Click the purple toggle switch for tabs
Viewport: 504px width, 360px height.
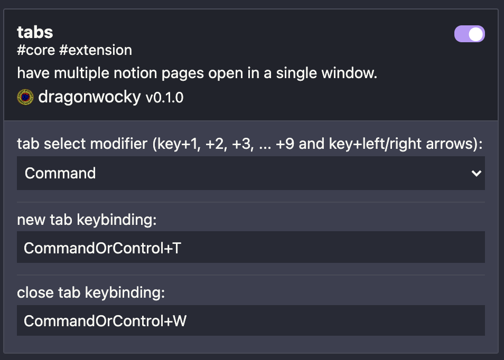pyautogui.click(x=469, y=34)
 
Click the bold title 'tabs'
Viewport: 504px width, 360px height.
pyautogui.click(x=35, y=32)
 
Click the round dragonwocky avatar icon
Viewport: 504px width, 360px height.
pyautogui.click(x=25, y=97)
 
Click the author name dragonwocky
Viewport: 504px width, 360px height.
pyautogui.click(x=89, y=97)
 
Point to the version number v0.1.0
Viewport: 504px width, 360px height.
pyautogui.click(x=164, y=98)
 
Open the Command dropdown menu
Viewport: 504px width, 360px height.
pyautogui.click(x=250, y=173)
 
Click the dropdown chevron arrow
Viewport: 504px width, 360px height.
pyautogui.click(x=476, y=173)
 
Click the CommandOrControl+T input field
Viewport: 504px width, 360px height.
pyautogui.click(x=250, y=248)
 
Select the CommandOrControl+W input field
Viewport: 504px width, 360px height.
pyautogui.click(x=250, y=320)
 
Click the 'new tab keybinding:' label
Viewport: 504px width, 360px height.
pyautogui.click(x=87, y=220)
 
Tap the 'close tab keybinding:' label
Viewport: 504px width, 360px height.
pyautogui.click(x=91, y=292)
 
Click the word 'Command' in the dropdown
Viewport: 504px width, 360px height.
pyautogui.click(x=60, y=173)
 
